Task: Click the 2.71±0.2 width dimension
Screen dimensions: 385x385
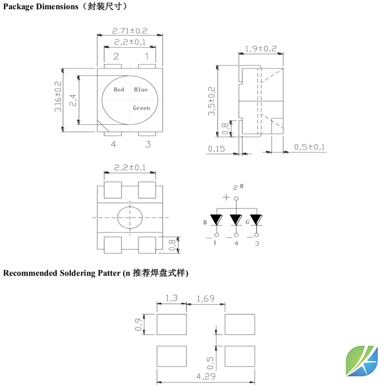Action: (x=130, y=31)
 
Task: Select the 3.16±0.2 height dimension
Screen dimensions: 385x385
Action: (x=57, y=97)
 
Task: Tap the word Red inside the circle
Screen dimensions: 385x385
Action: (x=119, y=90)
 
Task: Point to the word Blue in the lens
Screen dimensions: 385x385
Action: (x=141, y=90)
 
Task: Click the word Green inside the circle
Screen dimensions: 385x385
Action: (x=141, y=108)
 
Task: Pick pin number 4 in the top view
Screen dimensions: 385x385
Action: (x=113, y=144)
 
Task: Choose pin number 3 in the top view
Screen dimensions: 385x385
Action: (x=148, y=144)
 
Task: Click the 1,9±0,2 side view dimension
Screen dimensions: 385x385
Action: (x=261, y=49)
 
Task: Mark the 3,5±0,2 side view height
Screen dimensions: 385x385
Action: (x=211, y=101)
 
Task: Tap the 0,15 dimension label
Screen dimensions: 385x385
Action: (x=217, y=149)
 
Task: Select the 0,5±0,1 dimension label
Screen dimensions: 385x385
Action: (x=310, y=148)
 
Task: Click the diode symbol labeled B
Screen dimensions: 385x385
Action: (x=216, y=220)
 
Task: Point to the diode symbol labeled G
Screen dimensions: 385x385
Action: (x=256, y=220)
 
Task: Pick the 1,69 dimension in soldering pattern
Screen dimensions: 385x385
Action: (x=205, y=298)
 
